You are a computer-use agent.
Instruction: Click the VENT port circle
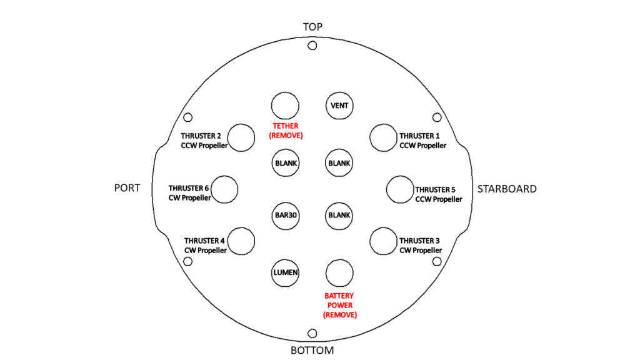[339, 105]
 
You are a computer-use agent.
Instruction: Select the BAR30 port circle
[286, 216]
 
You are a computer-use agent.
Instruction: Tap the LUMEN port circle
[286, 272]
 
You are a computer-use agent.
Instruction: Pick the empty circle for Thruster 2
[241, 137]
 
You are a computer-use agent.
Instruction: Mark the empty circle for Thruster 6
[224, 189]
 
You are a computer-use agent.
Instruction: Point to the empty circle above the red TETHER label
[285, 105]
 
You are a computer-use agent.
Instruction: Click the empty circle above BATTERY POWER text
[339, 273]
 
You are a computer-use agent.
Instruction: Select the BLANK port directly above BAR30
[286, 163]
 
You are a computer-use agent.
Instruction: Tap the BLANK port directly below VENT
[339, 163]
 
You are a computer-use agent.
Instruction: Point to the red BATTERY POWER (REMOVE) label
[339, 305]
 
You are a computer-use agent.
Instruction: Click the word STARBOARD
[507, 189]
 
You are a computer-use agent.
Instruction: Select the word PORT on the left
[127, 188]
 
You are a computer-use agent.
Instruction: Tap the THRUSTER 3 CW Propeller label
[423, 245]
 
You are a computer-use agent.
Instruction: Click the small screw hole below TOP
[312, 46]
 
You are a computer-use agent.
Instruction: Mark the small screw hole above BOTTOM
[312, 334]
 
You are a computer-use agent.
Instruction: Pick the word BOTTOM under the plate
[312, 350]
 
